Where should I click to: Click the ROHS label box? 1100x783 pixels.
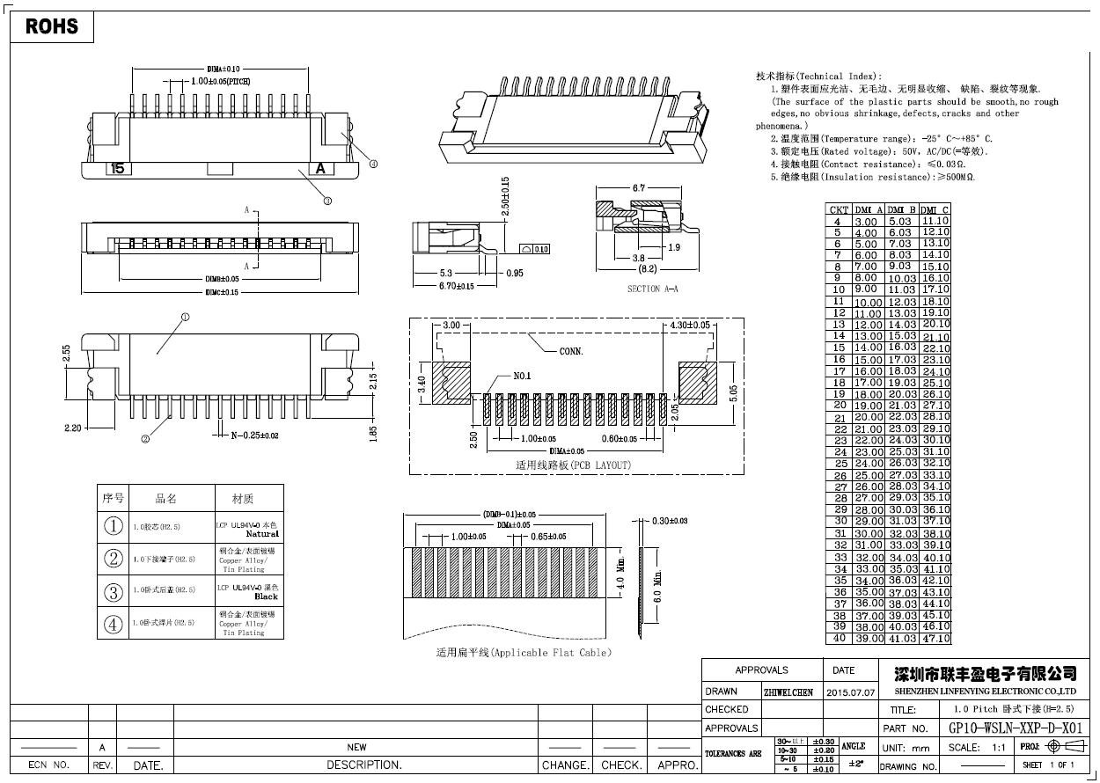tap(52, 26)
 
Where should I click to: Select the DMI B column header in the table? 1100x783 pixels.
tap(903, 209)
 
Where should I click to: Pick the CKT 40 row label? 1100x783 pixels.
tap(840, 639)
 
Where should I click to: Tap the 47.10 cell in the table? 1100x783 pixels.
tap(935, 639)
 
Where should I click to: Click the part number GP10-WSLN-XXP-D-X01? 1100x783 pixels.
tap(1016, 728)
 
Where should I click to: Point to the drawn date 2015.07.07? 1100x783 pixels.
tap(851, 692)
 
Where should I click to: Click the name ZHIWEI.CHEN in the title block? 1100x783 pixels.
tap(788, 692)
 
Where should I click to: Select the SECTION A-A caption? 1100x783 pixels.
tap(652, 289)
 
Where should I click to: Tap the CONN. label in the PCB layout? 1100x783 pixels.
tap(571, 351)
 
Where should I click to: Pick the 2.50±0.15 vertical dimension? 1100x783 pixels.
tap(505, 201)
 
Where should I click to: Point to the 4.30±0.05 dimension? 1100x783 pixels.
tap(690, 326)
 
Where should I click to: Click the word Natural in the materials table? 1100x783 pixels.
tap(262, 534)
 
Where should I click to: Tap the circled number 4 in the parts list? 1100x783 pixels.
tap(114, 625)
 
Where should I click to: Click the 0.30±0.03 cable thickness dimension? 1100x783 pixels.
tap(670, 521)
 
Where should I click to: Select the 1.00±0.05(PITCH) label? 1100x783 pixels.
tap(221, 80)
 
